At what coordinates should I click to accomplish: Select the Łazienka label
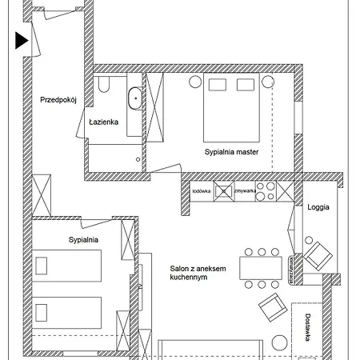point(104,122)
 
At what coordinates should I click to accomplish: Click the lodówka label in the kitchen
point(202,190)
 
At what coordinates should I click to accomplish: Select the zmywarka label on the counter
point(246,190)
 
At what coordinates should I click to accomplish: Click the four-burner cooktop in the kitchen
point(266,192)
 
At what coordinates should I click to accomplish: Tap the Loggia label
point(318,206)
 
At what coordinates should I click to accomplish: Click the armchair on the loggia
point(318,254)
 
